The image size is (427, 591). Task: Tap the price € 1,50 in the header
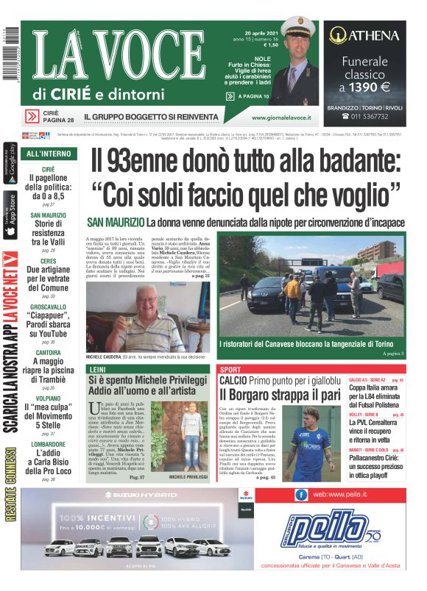point(270,45)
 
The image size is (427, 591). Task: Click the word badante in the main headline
point(353,162)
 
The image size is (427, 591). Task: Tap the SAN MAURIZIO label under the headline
point(115,222)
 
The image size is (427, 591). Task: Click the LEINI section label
point(96,369)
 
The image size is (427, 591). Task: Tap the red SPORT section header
point(230,369)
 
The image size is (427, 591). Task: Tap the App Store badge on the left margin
point(10,213)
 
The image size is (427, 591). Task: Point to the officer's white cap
point(301,32)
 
